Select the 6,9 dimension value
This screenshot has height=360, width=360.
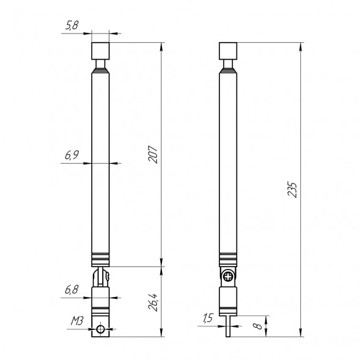(x=72, y=156)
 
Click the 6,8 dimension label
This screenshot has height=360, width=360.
(x=72, y=290)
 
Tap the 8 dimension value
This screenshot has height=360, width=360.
(x=259, y=326)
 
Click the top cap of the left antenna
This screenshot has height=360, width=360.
(x=101, y=50)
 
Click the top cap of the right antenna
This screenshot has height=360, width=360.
(x=229, y=50)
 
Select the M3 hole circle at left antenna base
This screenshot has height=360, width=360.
(x=101, y=330)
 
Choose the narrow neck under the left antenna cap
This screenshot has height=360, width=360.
(x=101, y=64)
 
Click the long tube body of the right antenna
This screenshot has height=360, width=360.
(x=229, y=159)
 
